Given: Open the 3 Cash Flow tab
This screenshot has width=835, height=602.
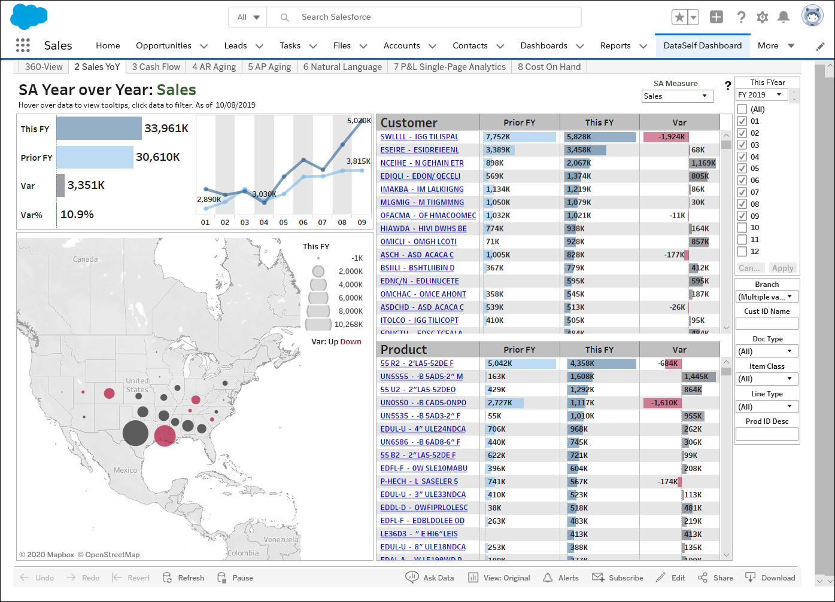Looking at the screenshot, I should click(x=156, y=67).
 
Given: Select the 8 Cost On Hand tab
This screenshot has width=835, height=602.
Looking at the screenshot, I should click(x=549, y=67).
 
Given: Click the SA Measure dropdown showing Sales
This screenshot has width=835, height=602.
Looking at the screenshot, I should click(x=677, y=96).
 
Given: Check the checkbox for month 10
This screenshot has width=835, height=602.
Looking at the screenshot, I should click(x=742, y=228).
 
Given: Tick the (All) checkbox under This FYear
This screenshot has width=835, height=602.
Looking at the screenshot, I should click(x=742, y=109).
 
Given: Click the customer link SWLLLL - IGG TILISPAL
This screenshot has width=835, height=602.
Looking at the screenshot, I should click(x=419, y=137).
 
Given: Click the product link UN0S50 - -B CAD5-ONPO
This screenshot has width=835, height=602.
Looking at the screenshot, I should click(x=423, y=403).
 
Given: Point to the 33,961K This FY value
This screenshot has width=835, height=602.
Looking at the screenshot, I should click(x=166, y=128).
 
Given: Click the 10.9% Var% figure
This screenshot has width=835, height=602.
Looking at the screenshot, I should click(x=77, y=215).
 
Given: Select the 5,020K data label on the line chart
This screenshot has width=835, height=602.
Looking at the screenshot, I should click(x=359, y=121).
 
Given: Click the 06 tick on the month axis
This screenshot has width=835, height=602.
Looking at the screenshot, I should click(x=303, y=222).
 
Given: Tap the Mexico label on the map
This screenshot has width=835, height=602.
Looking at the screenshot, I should click(x=125, y=470).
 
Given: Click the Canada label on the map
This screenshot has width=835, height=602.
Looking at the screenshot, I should click(x=85, y=259).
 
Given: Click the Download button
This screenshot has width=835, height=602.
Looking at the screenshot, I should click(x=770, y=578).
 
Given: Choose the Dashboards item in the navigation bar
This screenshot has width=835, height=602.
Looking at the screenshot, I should click(x=543, y=45).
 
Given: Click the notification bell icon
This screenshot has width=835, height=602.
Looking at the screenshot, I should click(x=783, y=17).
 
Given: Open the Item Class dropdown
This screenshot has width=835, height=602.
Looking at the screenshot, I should click(x=766, y=379).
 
